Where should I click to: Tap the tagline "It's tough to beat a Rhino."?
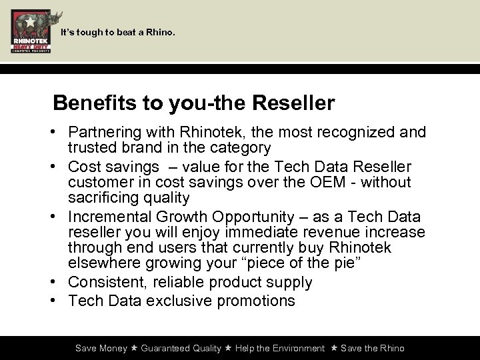(x=118, y=31)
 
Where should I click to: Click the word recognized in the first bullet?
(x=353, y=133)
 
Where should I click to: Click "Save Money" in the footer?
(x=101, y=348)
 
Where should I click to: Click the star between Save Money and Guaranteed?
(x=134, y=348)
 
